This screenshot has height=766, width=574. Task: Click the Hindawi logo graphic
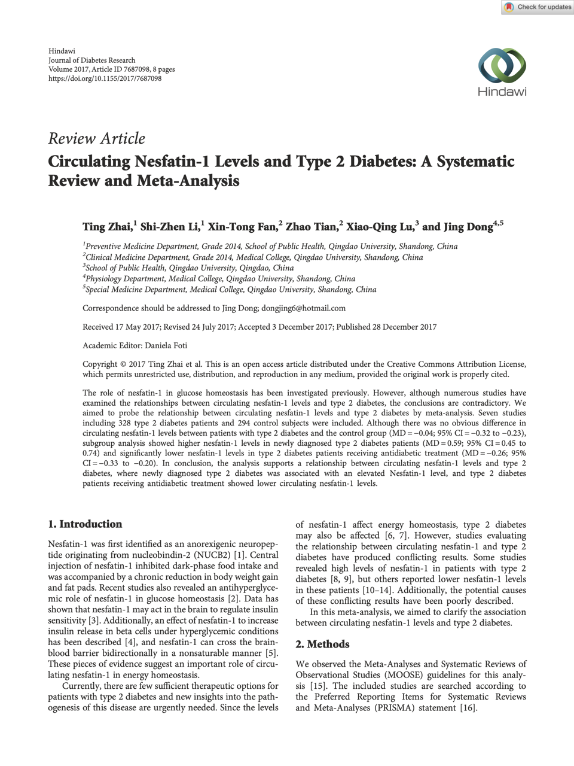tap(502, 65)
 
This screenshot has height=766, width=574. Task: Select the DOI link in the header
tap(105, 78)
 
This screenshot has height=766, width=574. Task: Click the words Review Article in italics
tap(96, 139)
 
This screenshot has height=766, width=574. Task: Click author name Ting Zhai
tap(107, 227)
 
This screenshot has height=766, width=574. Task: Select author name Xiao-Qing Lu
tap(380, 227)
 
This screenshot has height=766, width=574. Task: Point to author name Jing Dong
tap(468, 227)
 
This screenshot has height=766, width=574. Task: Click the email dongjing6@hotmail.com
tap(303, 308)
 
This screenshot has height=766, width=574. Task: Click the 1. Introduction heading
tap(85, 524)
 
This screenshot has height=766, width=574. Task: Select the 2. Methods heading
tap(322, 645)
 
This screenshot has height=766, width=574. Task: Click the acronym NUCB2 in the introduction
tap(209, 555)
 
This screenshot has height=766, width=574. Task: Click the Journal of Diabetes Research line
tap(91, 60)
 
